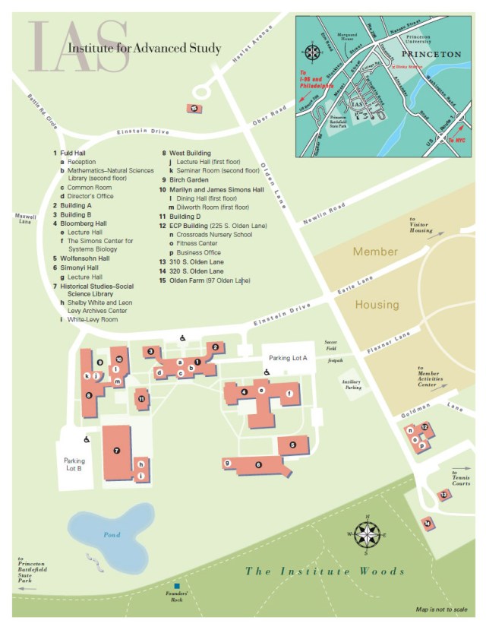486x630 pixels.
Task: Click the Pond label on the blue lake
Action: click(x=112, y=534)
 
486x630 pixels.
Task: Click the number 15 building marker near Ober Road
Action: click(x=194, y=109)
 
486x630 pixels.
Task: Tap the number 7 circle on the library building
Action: click(x=116, y=451)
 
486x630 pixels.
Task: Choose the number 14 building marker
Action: click(x=428, y=523)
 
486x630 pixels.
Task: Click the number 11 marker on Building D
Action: click(x=140, y=398)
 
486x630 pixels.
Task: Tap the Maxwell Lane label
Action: click(x=24, y=218)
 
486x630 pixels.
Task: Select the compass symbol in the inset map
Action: click(x=311, y=52)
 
